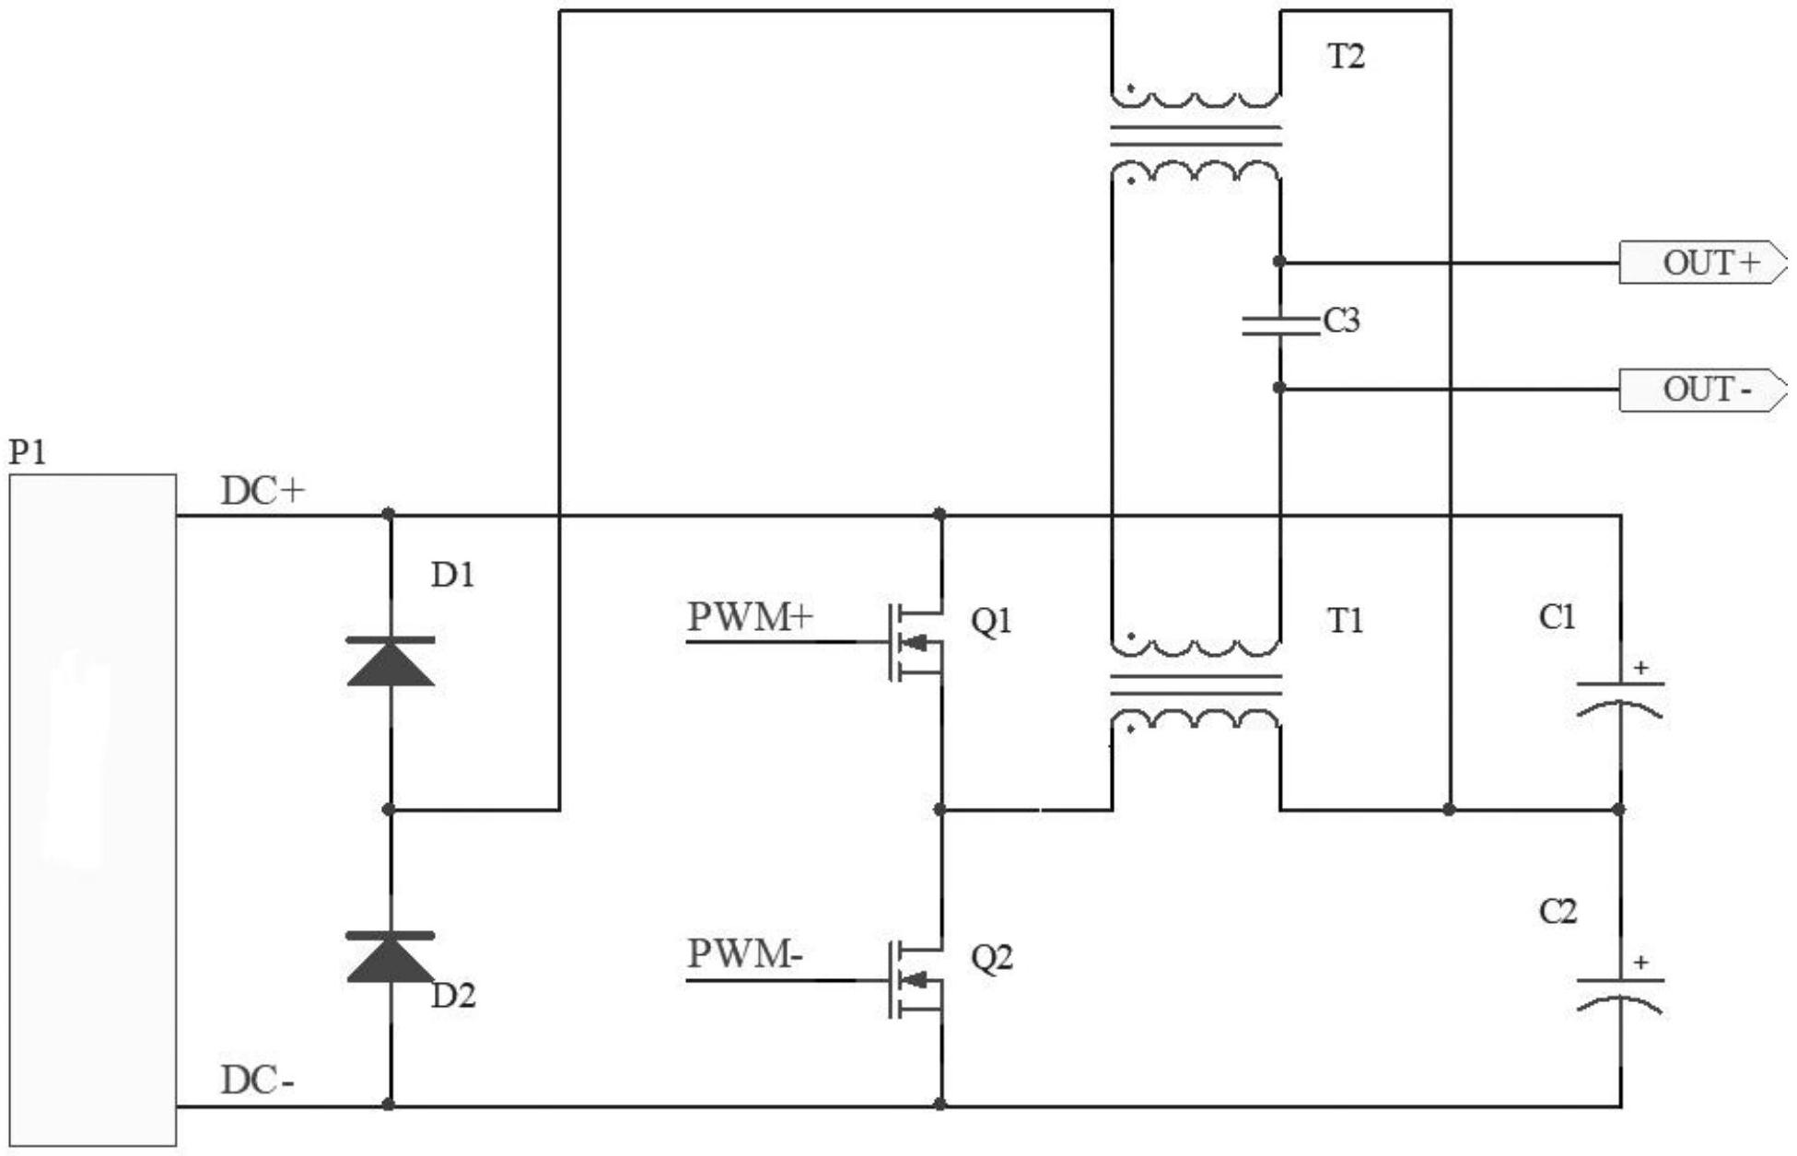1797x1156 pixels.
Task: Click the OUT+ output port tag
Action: (1703, 263)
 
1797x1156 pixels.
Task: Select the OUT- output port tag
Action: (1703, 390)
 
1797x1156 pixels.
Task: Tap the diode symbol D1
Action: (390, 661)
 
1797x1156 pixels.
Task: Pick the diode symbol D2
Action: (390, 957)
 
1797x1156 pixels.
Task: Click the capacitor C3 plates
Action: (1279, 324)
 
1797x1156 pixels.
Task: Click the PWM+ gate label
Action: (750, 617)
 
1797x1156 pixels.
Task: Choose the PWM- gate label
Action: (745, 954)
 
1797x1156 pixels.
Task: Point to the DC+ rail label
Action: (263, 492)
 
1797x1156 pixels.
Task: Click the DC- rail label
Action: (258, 1080)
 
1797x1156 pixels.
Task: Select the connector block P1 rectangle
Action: (92, 811)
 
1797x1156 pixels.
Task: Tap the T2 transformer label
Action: (1346, 57)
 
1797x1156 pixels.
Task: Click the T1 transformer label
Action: (1346, 621)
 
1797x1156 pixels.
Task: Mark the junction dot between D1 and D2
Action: (389, 810)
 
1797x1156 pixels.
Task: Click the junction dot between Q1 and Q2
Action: (939, 810)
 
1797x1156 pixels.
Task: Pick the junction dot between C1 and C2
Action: (1619, 810)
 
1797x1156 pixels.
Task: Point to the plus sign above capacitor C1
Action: (1640, 668)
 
